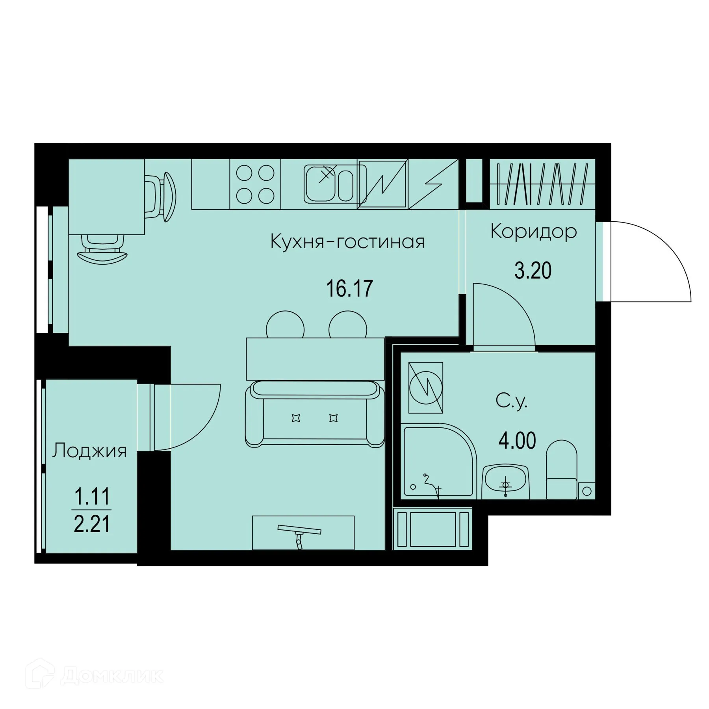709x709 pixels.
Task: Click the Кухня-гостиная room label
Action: click(x=347, y=241)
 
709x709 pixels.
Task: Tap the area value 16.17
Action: click(x=349, y=288)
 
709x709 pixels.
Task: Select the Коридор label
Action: click(x=533, y=232)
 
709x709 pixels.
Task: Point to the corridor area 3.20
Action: click(x=533, y=271)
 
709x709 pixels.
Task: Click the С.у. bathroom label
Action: click(x=511, y=401)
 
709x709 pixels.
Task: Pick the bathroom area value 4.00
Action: click(x=517, y=441)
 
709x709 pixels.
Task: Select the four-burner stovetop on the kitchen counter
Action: click(x=255, y=184)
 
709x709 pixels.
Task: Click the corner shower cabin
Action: click(x=437, y=459)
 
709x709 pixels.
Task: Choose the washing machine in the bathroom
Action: click(x=426, y=388)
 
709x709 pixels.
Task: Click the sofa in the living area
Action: click(x=315, y=414)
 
